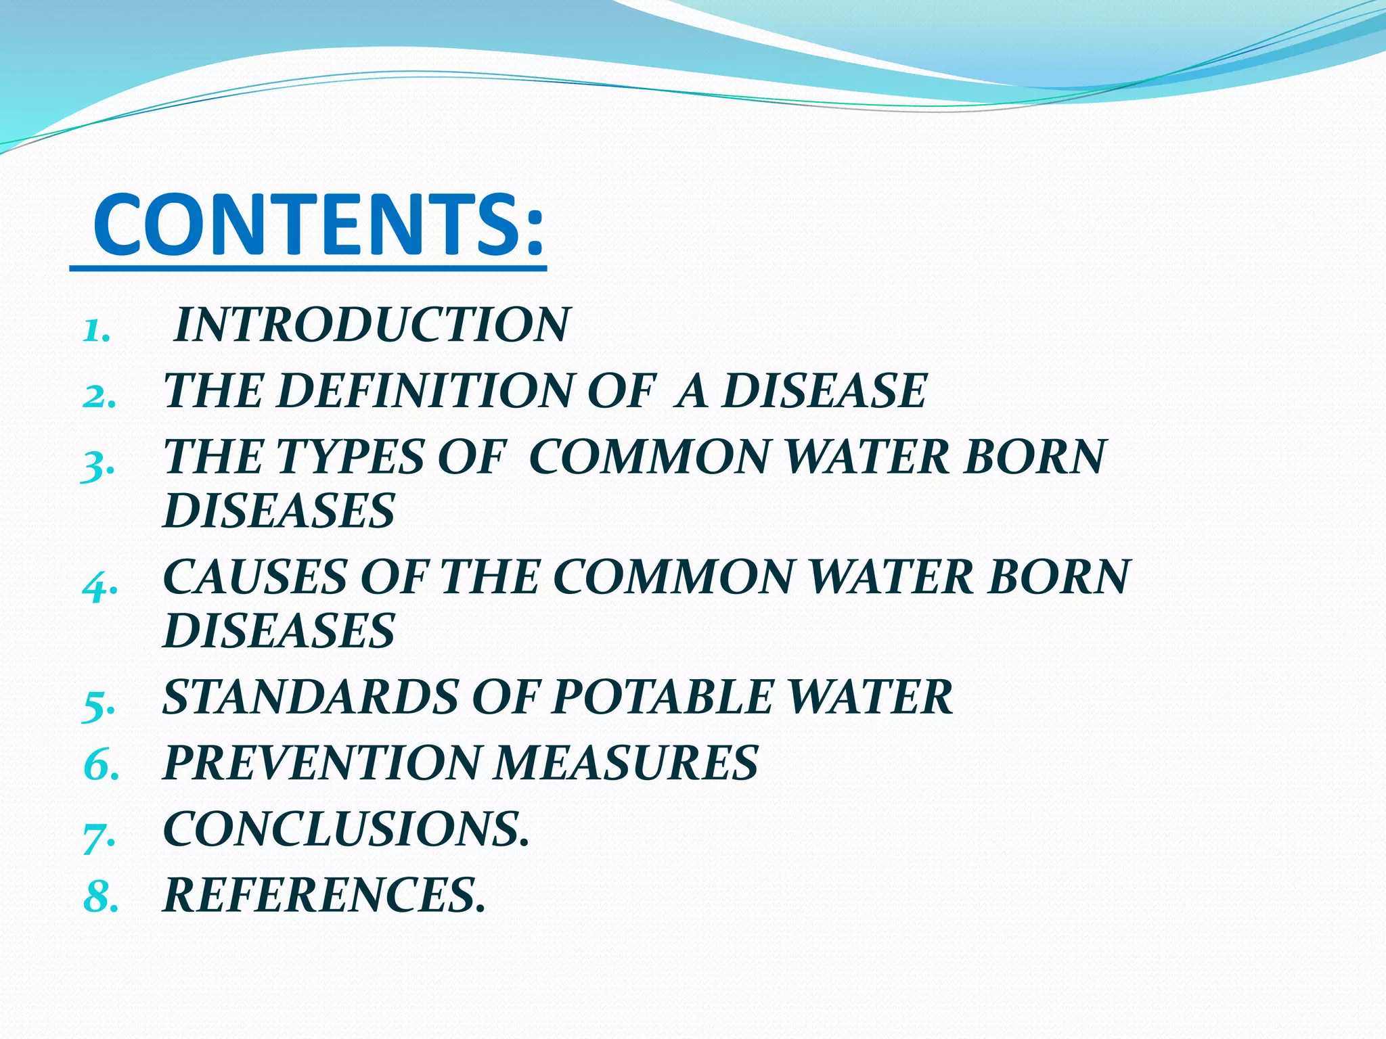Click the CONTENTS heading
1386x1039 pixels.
coord(318,225)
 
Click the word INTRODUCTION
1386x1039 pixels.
coord(372,325)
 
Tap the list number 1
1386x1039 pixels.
coord(95,332)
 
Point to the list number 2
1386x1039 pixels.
coord(99,398)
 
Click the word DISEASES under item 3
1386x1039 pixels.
coord(279,511)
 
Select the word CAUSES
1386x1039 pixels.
coord(254,577)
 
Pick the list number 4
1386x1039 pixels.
coord(99,586)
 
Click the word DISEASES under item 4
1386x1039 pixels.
coord(279,631)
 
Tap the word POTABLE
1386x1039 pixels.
coord(661,697)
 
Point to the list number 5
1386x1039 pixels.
coord(99,706)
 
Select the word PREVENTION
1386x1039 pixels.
coord(321,763)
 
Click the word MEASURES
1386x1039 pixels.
coord(626,763)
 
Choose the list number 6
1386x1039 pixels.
coord(100,767)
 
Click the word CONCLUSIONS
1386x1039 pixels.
coord(344,829)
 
